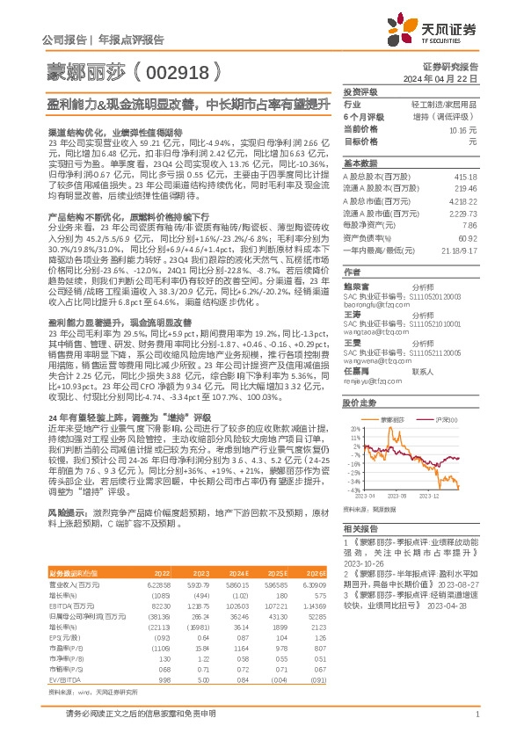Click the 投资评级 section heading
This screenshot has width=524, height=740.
pos(360,91)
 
